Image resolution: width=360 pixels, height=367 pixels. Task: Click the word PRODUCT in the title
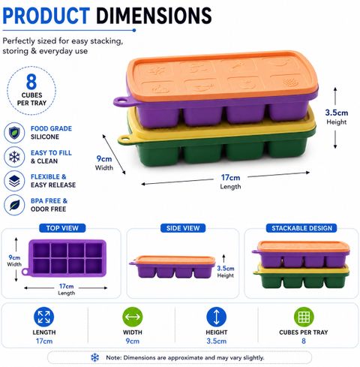(46, 16)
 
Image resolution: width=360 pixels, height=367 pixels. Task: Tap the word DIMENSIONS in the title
(154, 16)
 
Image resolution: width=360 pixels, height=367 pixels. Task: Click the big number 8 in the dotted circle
(31, 82)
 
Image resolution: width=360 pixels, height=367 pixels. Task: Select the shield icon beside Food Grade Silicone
(14, 133)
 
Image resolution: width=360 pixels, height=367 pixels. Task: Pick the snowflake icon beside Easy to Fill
(14, 157)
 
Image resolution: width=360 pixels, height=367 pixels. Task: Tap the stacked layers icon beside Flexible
(14, 181)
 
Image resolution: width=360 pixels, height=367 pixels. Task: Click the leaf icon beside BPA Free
(14, 205)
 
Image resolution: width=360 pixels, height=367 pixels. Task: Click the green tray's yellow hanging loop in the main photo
(125, 140)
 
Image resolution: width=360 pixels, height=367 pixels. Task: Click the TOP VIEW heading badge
(62, 228)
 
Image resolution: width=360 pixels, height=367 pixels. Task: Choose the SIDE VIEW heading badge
(183, 228)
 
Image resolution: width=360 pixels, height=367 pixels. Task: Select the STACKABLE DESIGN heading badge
(301, 228)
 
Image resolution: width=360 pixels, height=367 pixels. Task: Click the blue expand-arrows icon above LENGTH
(43, 317)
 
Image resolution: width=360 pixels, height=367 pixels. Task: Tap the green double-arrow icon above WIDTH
(133, 317)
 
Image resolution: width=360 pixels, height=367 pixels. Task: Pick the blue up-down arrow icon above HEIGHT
(217, 317)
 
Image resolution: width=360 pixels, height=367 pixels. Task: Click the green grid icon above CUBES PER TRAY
(304, 317)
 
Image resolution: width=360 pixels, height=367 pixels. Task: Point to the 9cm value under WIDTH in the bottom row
(133, 341)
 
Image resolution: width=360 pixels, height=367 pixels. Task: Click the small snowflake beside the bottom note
(94, 357)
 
